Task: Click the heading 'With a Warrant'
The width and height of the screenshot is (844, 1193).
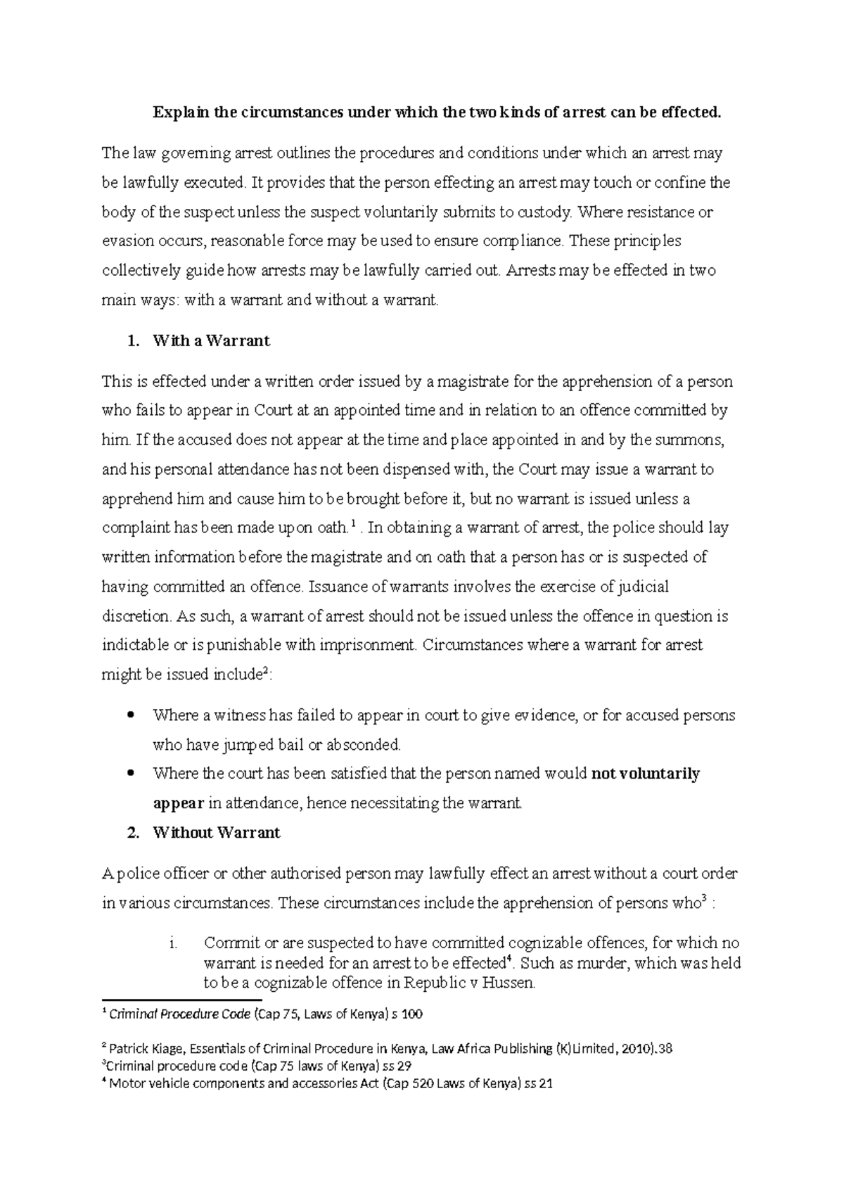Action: point(210,341)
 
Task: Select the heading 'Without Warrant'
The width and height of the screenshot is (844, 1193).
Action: point(216,833)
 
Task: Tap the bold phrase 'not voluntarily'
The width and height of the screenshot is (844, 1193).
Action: point(646,774)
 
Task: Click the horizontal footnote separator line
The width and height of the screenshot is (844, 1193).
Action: point(181,999)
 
